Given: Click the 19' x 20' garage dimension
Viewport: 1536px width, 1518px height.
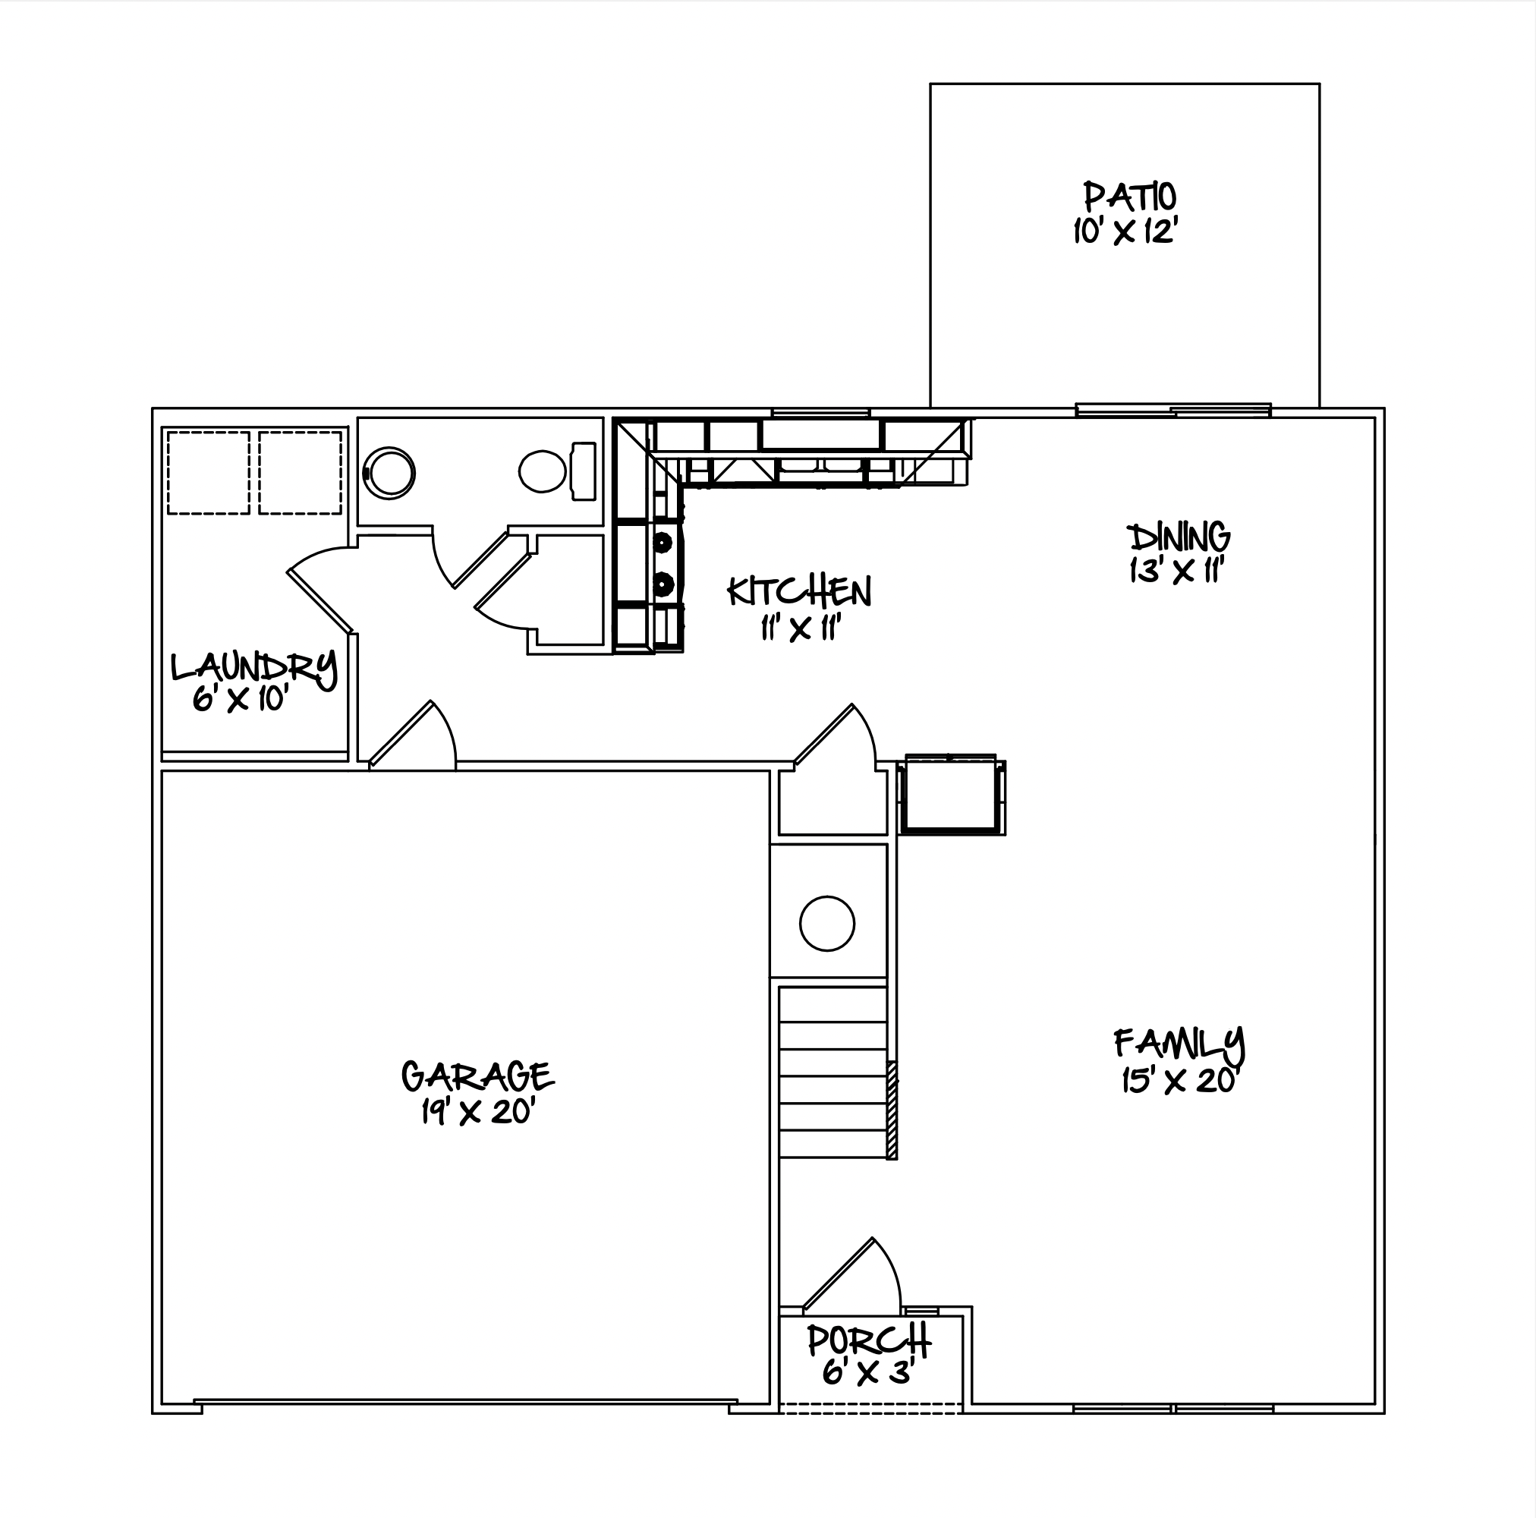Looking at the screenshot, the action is click(x=477, y=1111).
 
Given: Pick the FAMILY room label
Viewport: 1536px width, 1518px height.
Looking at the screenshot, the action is click(x=1180, y=1044).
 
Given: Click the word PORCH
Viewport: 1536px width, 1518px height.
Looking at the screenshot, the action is click(x=869, y=1340).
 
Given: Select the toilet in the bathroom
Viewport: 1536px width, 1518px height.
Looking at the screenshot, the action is click(x=557, y=471).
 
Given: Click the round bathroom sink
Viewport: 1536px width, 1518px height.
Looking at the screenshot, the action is click(x=389, y=473).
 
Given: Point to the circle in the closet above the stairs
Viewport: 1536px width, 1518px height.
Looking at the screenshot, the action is click(x=827, y=923).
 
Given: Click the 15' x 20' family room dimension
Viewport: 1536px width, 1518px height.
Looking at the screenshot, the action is click(x=1181, y=1081).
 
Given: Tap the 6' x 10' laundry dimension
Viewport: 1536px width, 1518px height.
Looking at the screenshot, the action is click(x=239, y=699).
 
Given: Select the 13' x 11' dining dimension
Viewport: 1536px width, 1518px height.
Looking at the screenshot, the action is click(x=1176, y=571).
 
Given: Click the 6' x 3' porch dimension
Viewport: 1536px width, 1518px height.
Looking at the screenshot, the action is click(x=866, y=1372).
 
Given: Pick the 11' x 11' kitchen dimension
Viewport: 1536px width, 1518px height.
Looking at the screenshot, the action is click(x=801, y=628).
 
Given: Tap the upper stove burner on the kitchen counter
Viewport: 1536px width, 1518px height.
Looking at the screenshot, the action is click(x=663, y=543).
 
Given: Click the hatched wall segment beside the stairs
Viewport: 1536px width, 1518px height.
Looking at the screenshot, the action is click(x=892, y=1110).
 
